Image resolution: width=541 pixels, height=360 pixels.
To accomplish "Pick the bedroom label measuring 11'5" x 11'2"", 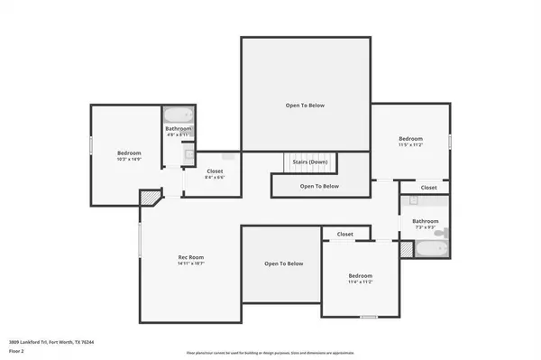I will (410, 141).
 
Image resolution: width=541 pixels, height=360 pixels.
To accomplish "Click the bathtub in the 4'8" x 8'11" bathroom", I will (177, 115).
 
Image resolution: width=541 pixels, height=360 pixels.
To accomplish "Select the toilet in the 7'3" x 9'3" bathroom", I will (439, 233).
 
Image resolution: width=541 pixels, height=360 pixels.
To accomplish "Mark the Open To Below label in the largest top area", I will (305, 106).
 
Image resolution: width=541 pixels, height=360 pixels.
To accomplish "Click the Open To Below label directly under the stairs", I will (319, 186).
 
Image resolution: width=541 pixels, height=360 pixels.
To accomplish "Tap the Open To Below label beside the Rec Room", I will (283, 263).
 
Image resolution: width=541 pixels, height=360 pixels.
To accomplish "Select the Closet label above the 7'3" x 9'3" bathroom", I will (428, 188).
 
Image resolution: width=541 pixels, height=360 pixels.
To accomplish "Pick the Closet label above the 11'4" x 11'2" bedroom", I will (345, 235).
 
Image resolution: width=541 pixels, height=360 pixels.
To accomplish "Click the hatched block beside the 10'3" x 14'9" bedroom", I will (148, 198).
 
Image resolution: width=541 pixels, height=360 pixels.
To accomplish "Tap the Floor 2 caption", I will (16, 350).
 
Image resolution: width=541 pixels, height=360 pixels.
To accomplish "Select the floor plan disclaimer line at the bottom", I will (270, 352).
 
